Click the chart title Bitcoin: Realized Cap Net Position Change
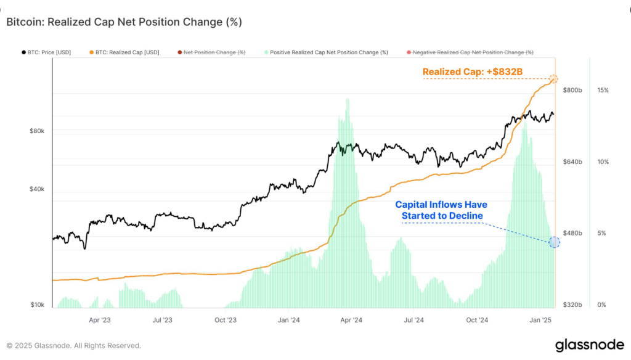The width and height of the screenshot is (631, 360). click(124, 22)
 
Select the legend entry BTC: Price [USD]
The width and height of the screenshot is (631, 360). click(49, 52)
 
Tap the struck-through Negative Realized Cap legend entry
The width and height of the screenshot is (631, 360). click(472, 52)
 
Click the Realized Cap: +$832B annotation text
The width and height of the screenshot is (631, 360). click(473, 72)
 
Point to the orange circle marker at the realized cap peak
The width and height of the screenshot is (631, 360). click(553, 79)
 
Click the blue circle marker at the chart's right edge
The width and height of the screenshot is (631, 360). click(554, 242)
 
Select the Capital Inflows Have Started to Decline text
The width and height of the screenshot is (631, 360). click(442, 210)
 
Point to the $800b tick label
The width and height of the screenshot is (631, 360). click(572, 90)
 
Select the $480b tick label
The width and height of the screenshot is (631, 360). click(572, 233)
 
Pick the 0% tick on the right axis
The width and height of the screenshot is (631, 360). click(602, 305)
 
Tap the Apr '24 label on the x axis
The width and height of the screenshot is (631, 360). click(351, 320)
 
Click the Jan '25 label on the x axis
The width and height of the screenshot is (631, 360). click(540, 320)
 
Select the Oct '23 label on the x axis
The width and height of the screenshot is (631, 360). click(226, 320)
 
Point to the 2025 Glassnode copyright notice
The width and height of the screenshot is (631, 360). click(74, 345)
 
